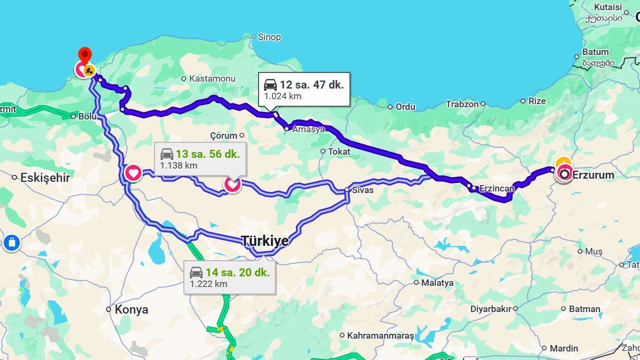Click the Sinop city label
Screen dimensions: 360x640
point(269,37)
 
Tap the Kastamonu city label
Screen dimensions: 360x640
point(212,78)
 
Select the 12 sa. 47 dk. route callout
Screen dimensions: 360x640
point(304,89)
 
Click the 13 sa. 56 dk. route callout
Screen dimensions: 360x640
point(200,159)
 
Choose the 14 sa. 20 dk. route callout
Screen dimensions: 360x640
point(230,277)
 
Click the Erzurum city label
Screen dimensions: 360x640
point(593,175)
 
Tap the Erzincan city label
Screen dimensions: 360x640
point(496,188)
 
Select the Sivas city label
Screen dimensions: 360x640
point(362,190)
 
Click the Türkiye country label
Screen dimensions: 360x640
point(265,241)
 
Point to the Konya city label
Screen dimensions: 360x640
point(131,309)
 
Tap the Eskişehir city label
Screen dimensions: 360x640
point(45,178)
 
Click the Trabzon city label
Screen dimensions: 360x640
point(462,104)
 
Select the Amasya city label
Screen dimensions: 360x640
point(309,130)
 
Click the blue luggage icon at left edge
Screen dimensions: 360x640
point(11,243)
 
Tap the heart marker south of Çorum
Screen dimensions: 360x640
point(232,185)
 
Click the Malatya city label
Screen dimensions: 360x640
point(437,283)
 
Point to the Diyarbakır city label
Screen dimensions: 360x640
point(490,309)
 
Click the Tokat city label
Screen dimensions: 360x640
point(339,151)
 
